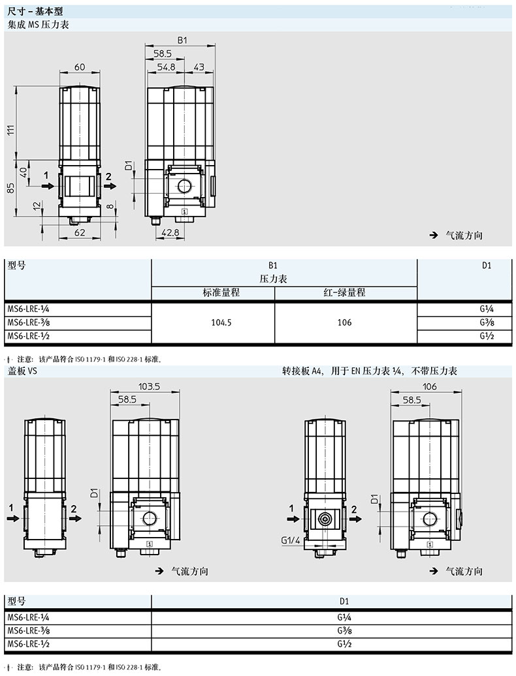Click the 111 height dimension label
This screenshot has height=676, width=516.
point(12,129)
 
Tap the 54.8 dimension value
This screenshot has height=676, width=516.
point(166,67)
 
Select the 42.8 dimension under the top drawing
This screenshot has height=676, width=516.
point(170,232)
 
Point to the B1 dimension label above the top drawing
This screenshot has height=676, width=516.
point(182,40)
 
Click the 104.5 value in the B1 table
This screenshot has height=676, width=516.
point(221,322)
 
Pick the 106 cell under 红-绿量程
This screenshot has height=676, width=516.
point(344,322)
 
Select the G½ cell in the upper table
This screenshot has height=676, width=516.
point(487,336)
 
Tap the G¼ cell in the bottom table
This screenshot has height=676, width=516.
point(344,617)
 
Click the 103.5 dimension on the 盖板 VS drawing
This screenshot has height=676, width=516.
point(149,386)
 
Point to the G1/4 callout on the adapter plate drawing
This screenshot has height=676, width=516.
point(291,540)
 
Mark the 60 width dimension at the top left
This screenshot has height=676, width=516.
point(80,67)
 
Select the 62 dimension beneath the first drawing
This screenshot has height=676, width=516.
point(80,232)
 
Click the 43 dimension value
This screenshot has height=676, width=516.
point(199,67)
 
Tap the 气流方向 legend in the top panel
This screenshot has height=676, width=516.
point(464,236)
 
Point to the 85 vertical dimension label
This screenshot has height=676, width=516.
point(12,188)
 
